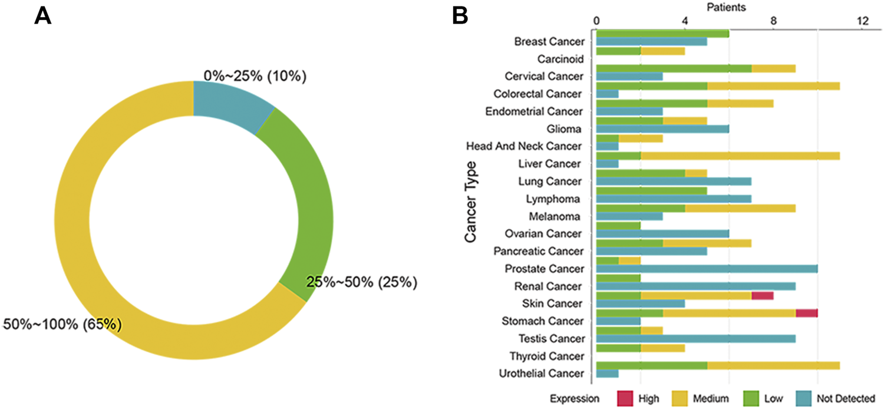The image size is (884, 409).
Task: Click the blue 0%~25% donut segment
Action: [x=228, y=104]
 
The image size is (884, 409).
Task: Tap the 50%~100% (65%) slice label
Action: [x=62, y=325]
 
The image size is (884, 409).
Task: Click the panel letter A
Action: [x=42, y=17]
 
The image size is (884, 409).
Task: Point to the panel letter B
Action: [x=460, y=17]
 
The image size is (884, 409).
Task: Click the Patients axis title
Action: [x=726, y=7]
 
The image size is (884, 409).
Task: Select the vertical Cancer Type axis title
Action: [x=470, y=202]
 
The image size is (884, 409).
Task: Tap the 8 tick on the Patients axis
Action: [x=773, y=21]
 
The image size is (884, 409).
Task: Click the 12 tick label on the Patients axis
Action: [x=863, y=21]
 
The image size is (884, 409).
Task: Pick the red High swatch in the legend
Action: [x=625, y=399]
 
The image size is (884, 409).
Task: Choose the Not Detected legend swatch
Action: [x=803, y=399]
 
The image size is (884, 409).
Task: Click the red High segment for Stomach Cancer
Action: [x=807, y=313]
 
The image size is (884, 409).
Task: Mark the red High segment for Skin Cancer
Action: [x=763, y=296]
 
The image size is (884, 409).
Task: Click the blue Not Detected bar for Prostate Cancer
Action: [x=707, y=269]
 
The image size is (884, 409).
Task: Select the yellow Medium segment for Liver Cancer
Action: [x=740, y=156]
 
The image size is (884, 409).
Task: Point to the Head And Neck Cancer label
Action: [x=524, y=147]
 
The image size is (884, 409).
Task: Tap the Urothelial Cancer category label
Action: [x=541, y=374]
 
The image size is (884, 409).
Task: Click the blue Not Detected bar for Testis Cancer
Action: [x=696, y=339]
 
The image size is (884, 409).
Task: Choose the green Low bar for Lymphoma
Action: [x=651, y=191]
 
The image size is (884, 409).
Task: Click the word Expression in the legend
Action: [x=575, y=399]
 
